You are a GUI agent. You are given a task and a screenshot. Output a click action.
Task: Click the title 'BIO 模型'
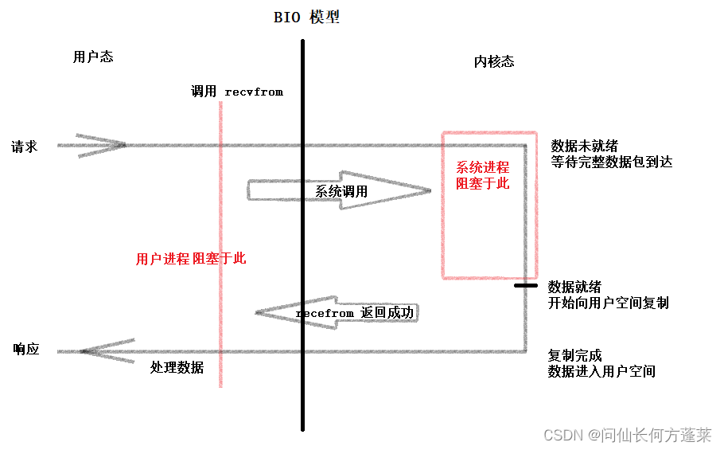tap(306, 18)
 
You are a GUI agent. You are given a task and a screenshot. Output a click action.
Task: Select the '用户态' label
tap(92, 57)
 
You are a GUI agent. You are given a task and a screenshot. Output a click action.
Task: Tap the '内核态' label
tap(494, 61)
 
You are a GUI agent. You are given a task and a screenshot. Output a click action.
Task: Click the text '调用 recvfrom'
tap(236, 92)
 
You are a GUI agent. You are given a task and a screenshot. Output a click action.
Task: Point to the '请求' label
tap(24, 147)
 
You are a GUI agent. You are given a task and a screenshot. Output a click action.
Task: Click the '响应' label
tap(26, 350)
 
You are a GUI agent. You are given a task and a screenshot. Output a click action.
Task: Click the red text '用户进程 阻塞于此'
tap(191, 259)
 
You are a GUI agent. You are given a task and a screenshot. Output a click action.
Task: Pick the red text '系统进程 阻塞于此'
tap(482, 176)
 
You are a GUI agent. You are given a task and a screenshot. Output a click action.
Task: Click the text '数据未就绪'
tap(584, 147)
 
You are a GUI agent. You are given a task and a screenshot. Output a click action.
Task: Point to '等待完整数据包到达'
tap(611, 162)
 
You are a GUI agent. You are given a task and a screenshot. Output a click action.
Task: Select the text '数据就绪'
tap(574, 288)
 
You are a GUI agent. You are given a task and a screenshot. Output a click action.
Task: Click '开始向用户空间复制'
tap(608, 303)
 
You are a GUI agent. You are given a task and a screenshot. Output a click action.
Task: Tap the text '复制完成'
tap(574, 355)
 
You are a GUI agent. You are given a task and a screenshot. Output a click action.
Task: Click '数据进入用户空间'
tap(601, 371)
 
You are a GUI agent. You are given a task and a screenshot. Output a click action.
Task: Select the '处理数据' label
tap(177, 367)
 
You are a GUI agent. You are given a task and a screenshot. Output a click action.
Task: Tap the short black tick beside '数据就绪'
tap(527, 284)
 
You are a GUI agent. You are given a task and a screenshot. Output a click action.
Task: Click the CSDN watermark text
tap(627, 435)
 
